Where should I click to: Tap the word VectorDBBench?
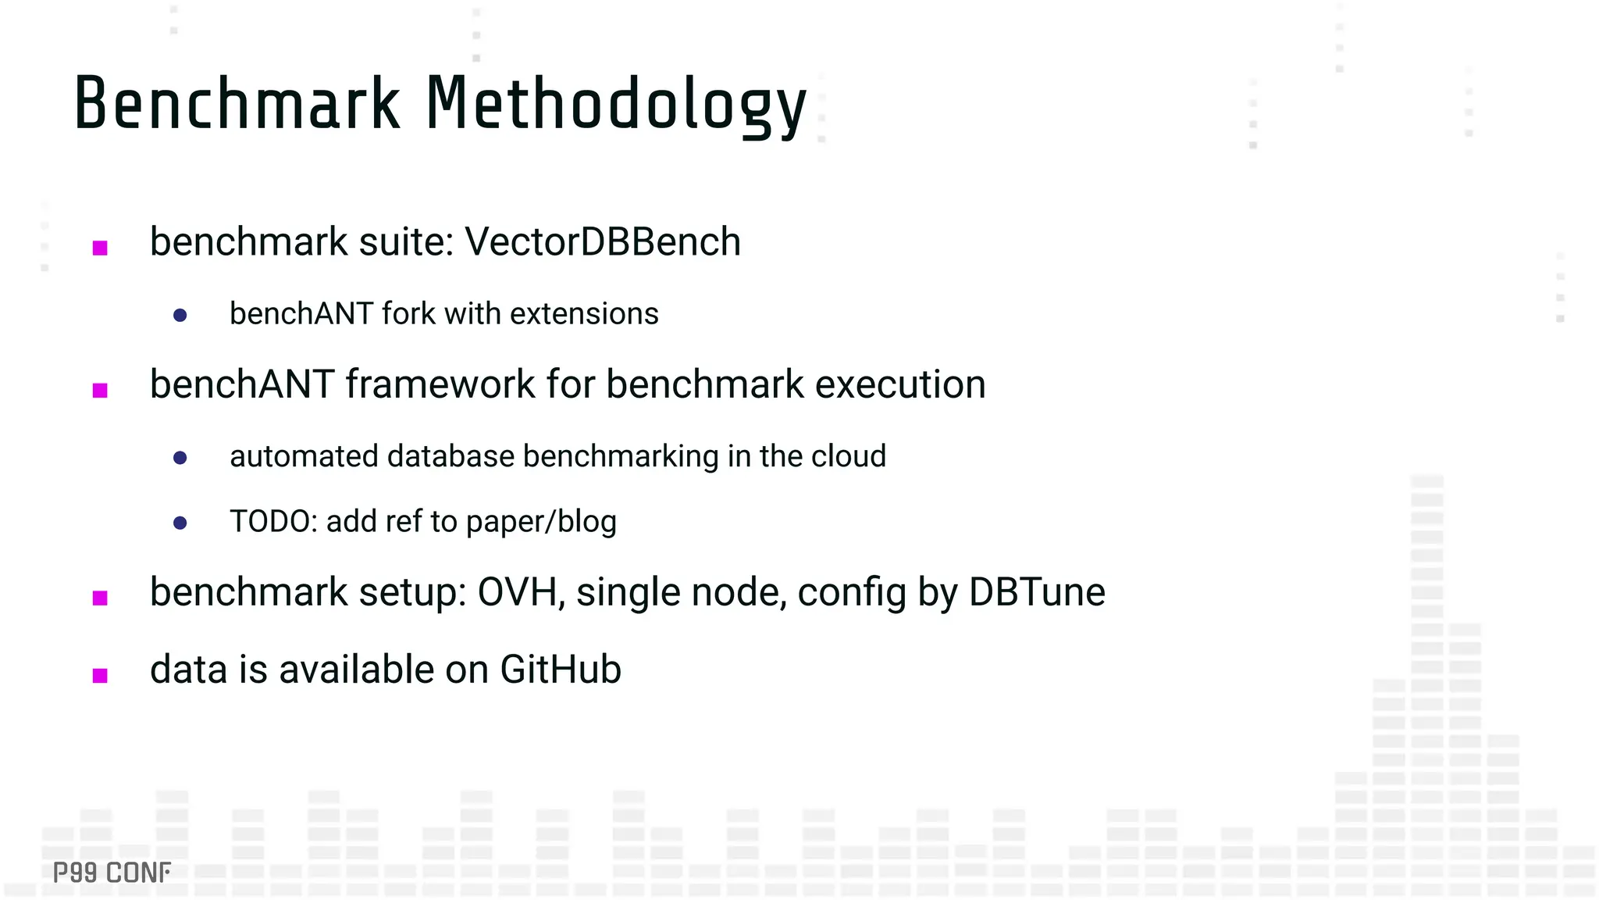[602, 241]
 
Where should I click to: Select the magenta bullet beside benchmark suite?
[100, 248]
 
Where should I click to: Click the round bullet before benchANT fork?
[180, 316]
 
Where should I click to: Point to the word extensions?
[584, 314]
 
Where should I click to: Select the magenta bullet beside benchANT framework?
[100, 391]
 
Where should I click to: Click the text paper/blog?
[541, 522]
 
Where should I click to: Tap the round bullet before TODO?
[180, 523]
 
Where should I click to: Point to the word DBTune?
[1036, 592]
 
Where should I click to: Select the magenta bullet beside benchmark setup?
[100, 598]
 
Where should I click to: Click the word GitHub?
[560, 670]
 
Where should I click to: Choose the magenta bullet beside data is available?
[100, 676]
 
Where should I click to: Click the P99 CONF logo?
[112, 873]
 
